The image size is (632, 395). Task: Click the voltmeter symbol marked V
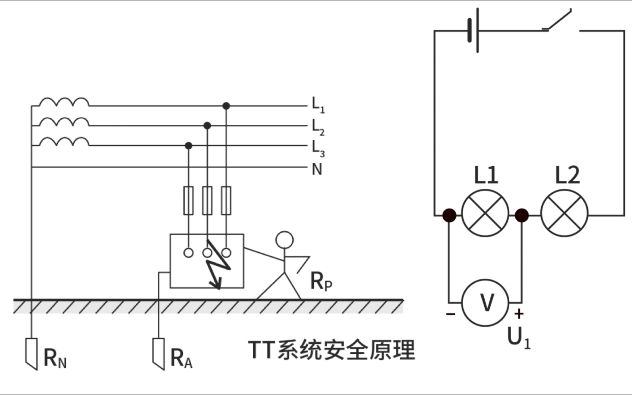click(x=485, y=303)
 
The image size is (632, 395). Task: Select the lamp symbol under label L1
click(x=485, y=213)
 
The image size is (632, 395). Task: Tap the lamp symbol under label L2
click(x=564, y=213)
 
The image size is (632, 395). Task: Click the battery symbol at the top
click(x=474, y=30)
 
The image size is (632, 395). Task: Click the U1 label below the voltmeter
click(x=519, y=338)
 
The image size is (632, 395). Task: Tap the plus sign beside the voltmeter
click(x=519, y=314)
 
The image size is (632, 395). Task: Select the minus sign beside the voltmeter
click(x=451, y=314)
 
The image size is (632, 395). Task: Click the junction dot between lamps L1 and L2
click(x=522, y=215)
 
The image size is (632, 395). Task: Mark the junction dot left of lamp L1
click(x=449, y=215)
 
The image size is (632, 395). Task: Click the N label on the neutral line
click(x=317, y=169)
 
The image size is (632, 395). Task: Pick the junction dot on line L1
click(x=226, y=106)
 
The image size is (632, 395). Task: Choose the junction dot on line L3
click(x=188, y=146)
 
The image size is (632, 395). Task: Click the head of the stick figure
click(x=285, y=240)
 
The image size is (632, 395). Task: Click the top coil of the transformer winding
click(x=64, y=102)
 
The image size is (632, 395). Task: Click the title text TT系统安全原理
click(x=331, y=350)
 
